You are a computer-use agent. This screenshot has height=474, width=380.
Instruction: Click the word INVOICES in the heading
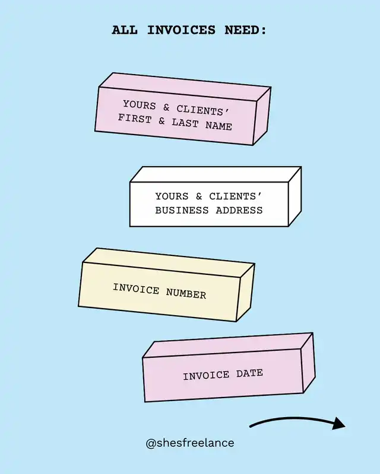coord(179,30)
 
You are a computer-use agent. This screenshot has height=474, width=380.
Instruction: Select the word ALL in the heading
coord(125,30)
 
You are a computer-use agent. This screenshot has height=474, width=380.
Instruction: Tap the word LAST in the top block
coord(185,123)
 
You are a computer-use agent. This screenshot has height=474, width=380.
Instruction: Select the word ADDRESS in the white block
coord(239,210)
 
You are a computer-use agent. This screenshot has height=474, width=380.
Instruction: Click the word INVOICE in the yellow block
coord(136,289)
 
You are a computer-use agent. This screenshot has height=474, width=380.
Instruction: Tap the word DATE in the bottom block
coord(249,373)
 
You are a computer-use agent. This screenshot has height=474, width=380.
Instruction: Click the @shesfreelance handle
coord(190,443)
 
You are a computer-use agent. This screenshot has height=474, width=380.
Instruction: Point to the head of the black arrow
coord(338,423)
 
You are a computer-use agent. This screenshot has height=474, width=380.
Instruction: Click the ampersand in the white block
coord(199,196)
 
